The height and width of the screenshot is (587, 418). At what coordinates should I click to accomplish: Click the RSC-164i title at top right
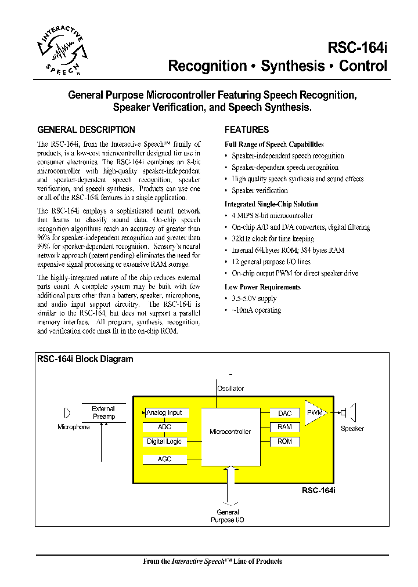coord(357,48)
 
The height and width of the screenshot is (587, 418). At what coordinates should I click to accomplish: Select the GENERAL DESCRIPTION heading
coord(86,130)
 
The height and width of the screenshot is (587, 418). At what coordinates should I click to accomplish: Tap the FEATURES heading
coord(247,130)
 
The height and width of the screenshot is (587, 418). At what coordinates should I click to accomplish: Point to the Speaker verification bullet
coord(260,191)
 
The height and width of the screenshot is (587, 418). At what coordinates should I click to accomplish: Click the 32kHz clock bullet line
coord(273,239)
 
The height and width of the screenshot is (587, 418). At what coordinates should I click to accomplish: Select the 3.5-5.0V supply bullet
coord(254,299)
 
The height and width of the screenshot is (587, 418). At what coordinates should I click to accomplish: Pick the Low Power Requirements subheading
coord(262,287)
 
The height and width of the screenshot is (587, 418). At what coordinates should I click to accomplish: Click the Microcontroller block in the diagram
coord(230,432)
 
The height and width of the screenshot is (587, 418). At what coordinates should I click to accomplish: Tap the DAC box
coord(285,413)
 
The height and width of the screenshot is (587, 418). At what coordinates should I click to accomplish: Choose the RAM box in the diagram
coord(285,427)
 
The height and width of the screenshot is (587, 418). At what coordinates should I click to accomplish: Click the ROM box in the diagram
coord(285,442)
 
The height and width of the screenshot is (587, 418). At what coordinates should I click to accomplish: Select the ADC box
coord(165,427)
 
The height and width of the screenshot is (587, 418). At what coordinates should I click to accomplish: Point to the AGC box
coord(165,459)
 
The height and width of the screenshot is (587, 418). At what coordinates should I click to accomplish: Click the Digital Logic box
coord(165,442)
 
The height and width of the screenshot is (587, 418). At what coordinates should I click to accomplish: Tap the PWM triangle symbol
coord(315,413)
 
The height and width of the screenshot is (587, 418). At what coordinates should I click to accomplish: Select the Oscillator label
coord(230,389)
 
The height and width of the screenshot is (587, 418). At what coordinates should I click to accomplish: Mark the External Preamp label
coord(104,412)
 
